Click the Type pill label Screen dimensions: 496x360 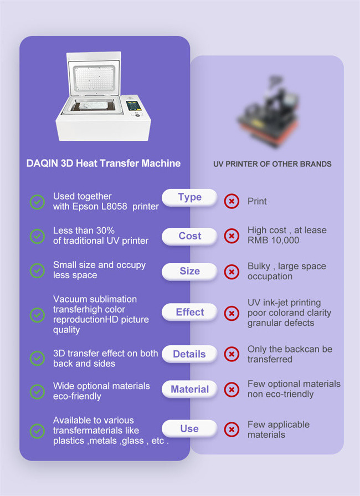point(189,197)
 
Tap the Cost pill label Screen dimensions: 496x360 point(189,236)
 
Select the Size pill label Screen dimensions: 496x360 point(189,271)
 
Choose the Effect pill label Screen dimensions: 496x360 point(189,312)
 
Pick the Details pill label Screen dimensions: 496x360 point(189,354)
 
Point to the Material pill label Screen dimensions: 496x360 point(189,390)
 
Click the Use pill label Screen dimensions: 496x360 point(189,428)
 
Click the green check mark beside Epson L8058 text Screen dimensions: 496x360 point(37,202)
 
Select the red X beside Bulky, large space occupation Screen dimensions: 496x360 point(232,272)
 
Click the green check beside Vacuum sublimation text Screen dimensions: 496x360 point(37,314)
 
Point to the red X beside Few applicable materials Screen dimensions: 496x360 point(232,429)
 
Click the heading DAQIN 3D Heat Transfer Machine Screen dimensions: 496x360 point(104,163)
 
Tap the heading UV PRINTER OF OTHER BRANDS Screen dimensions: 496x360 point(272,164)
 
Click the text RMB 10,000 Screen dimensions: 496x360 point(273,241)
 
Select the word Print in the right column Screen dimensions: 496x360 point(257,202)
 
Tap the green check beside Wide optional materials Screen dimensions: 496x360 point(37,391)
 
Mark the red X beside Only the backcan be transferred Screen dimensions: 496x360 point(232,354)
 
